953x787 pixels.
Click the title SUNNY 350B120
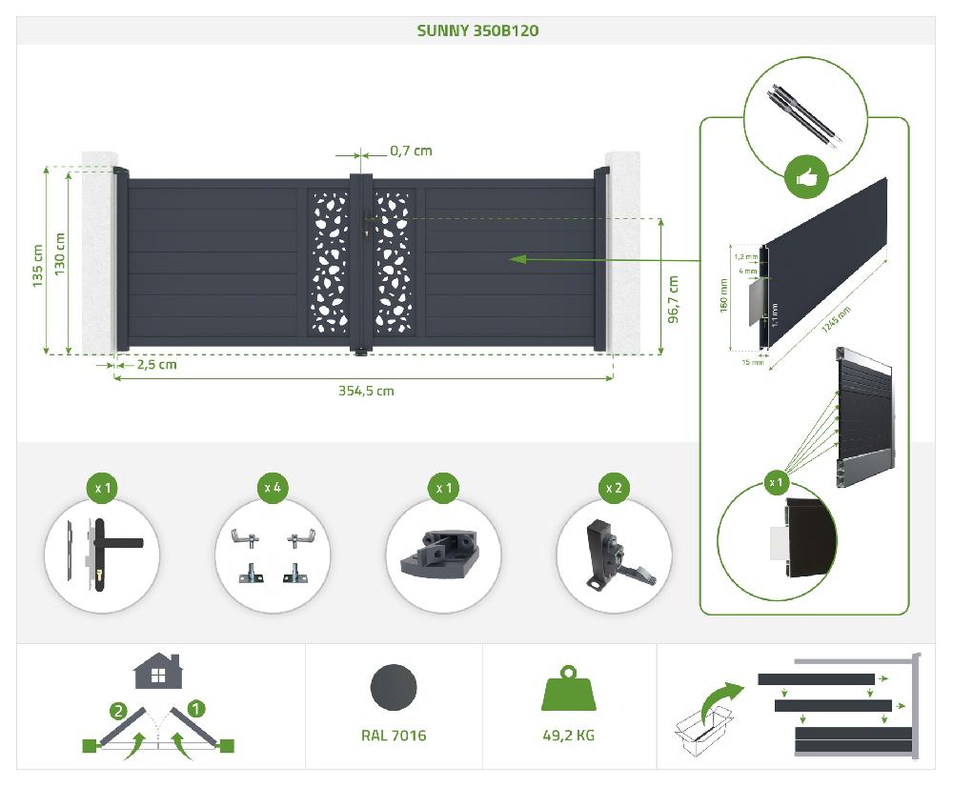(477, 30)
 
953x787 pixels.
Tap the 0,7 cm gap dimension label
(411, 151)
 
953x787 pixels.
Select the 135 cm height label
(38, 266)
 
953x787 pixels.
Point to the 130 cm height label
(59, 254)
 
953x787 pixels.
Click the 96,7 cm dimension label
(673, 299)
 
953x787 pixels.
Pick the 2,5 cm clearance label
(157, 365)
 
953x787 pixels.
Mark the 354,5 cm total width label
(366, 391)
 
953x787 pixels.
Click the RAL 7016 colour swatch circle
(394, 687)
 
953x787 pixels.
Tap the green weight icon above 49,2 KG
(568, 688)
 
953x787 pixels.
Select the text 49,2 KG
(568, 736)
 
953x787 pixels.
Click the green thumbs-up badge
(806, 178)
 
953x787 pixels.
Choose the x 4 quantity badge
(273, 488)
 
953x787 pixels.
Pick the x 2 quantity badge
(614, 488)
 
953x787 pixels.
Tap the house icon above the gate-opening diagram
(158, 671)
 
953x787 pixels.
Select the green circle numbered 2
(118, 711)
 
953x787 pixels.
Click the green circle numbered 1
(195, 709)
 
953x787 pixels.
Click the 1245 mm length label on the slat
(837, 320)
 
